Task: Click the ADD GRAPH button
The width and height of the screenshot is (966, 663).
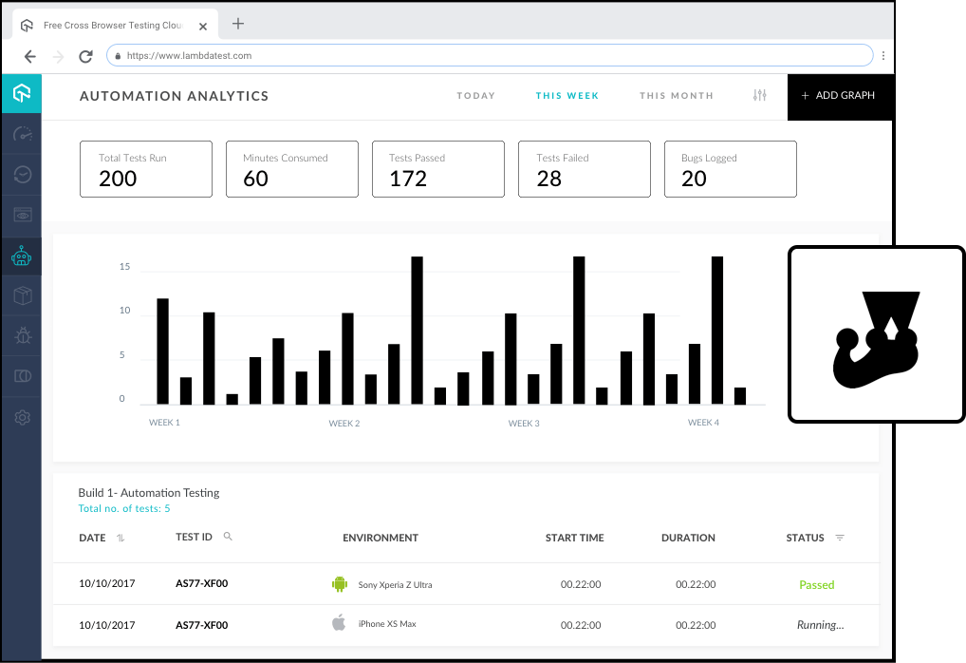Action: point(839,96)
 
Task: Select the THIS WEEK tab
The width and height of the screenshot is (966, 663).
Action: point(567,96)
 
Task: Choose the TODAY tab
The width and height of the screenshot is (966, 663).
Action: point(476,96)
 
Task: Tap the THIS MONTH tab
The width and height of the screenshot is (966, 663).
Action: point(677,96)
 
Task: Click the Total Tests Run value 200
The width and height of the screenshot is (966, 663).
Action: point(118,179)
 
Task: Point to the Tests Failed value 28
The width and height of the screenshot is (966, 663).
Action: point(549,179)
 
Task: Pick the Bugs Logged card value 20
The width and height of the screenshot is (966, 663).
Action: point(694,179)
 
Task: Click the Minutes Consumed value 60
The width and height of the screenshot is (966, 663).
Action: point(256,179)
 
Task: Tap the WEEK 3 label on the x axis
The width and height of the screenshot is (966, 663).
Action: point(524,423)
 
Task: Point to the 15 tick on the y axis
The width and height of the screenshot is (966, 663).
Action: point(124,267)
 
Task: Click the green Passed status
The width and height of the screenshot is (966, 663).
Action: point(816,585)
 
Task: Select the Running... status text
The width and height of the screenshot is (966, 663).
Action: point(820,625)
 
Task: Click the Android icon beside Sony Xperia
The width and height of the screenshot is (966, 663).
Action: point(340,584)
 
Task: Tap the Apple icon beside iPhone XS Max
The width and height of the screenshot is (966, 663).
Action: point(339,623)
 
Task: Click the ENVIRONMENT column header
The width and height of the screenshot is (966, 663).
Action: point(381,538)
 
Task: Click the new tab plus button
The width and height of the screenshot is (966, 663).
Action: point(238,24)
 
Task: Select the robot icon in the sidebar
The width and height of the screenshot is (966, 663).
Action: point(21,256)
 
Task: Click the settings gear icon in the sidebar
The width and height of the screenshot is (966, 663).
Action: point(22,417)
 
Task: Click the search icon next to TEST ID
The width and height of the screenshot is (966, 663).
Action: point(228,537)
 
